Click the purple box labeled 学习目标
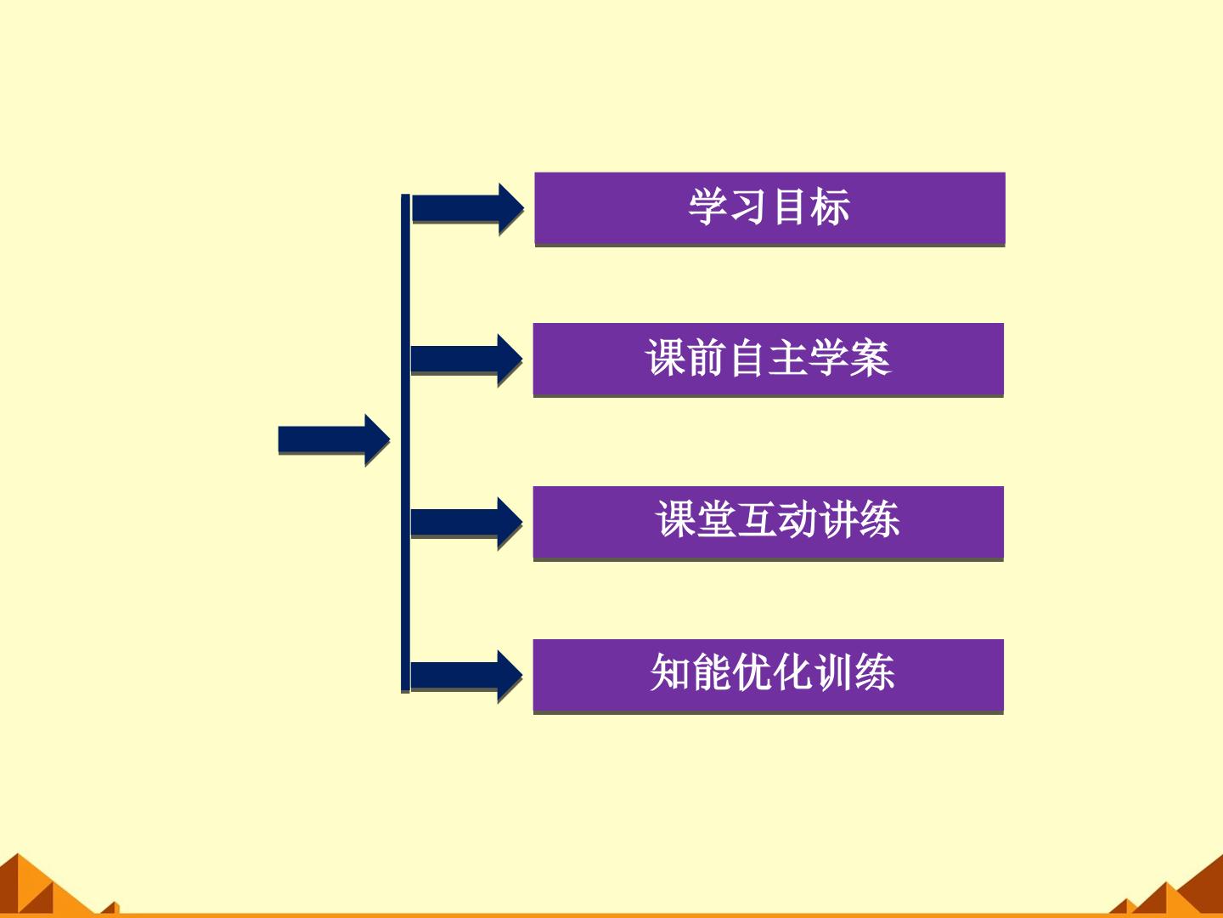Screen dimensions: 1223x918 [769, 208]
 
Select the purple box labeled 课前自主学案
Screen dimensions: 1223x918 [769, 360]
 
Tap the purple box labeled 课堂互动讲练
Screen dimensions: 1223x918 [769, 523]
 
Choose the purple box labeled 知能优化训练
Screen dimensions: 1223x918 [769, 676]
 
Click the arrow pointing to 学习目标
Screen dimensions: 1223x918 [467, 208]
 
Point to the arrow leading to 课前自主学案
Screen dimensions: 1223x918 [466, 360]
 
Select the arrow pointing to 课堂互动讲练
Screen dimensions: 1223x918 [466, 523]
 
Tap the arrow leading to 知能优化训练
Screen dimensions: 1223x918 [466, 676]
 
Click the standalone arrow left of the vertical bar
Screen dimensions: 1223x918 [334, 439]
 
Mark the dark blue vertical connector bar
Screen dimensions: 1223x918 [406, 444]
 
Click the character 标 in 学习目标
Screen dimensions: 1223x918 [830, 207]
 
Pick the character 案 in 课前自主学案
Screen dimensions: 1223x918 [871, 358]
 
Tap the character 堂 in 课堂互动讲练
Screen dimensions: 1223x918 [717, 518]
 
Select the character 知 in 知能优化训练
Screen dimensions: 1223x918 [670, 672]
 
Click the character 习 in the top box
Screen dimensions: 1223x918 [749, 207]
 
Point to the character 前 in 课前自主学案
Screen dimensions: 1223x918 [707, 358]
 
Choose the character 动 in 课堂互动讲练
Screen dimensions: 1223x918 [797, 518]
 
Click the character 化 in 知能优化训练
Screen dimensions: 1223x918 [792, 672]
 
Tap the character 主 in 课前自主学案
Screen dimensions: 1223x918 [789, 358]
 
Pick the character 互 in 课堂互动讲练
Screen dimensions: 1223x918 [758, 518]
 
